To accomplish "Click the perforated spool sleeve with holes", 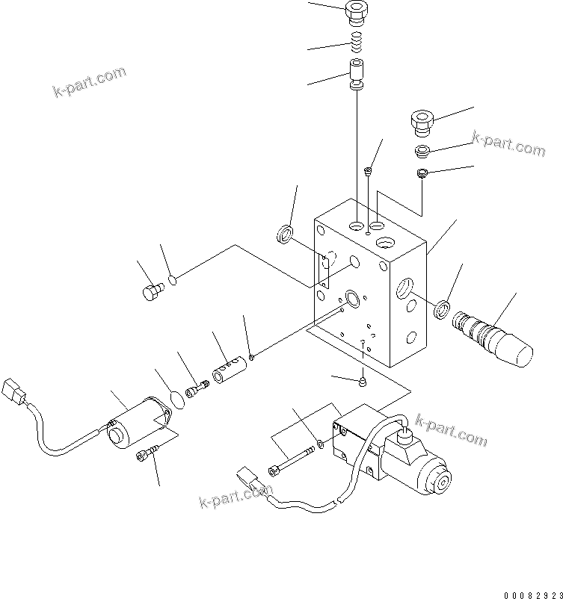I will click(x=229, y=370).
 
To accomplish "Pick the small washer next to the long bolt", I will click(x=320, y=444).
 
